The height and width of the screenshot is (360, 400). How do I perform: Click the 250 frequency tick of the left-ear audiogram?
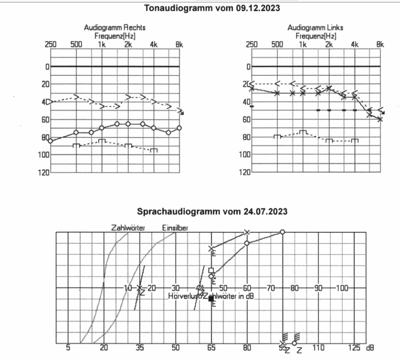(252, 44)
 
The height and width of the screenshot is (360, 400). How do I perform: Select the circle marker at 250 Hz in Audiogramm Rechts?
(51, 141)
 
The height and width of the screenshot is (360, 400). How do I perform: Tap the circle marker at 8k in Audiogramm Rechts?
(179, 128)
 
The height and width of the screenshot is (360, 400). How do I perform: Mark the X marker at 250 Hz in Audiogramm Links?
(252, 88)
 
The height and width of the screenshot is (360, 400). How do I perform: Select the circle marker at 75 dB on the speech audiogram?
(282, 232)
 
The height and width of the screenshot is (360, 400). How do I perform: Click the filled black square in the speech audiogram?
(211, 299)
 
